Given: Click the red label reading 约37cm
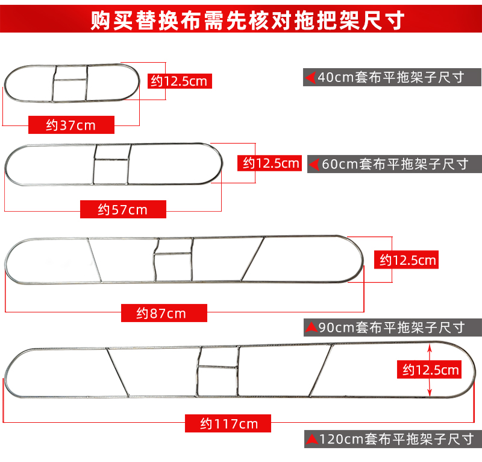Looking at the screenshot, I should [x=70, y=125].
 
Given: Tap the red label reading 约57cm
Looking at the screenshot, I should [x=122, y=209].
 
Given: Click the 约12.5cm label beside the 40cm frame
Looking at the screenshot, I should [x=180, y=80].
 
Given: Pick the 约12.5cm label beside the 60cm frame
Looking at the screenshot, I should [x=271, y=163].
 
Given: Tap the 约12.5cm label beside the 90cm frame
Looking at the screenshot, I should [x=407, y=260].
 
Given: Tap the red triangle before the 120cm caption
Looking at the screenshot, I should [x=311, y=438].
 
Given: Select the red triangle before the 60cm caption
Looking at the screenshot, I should [x=315, y=163].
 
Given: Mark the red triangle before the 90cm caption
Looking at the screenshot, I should [x=311, y=328].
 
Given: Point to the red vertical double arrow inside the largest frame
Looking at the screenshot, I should [x=430, y=369].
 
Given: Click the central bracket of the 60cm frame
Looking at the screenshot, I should [x=111, y=163].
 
